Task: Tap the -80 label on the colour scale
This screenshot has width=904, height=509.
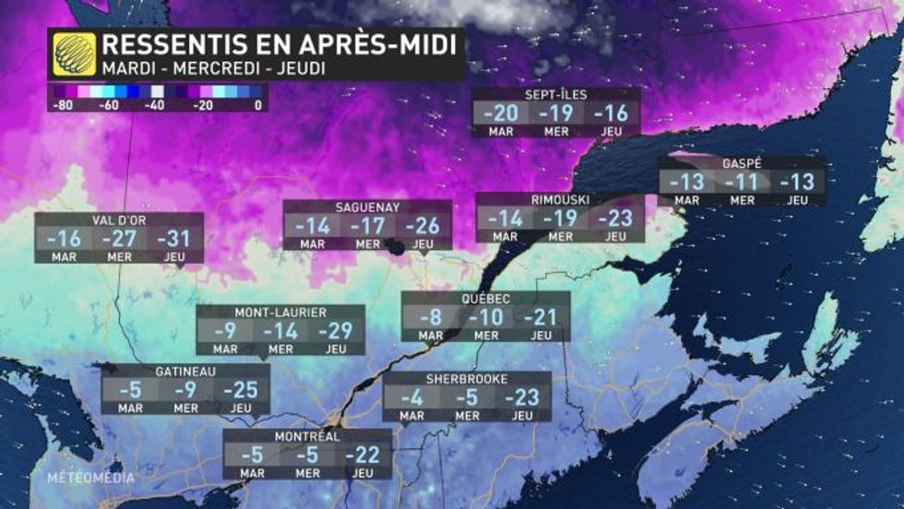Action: pyautogui.click(x=62, y=104)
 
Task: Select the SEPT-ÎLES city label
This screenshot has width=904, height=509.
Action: pyautogui.click(x=555, y=94)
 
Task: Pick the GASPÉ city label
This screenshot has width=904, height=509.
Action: pyautogui.click(x=742, y=163)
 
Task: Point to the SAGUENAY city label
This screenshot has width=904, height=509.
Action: pyautogui.click(x=367, y=207)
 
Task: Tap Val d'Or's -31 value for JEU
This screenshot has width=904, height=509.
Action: pyautogui.click(x=173, y=239)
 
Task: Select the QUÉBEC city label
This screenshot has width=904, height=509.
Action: pyautogui.click(x=485, y=299)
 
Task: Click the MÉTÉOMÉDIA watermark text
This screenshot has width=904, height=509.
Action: pyautogui.click(x=92, y=478)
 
